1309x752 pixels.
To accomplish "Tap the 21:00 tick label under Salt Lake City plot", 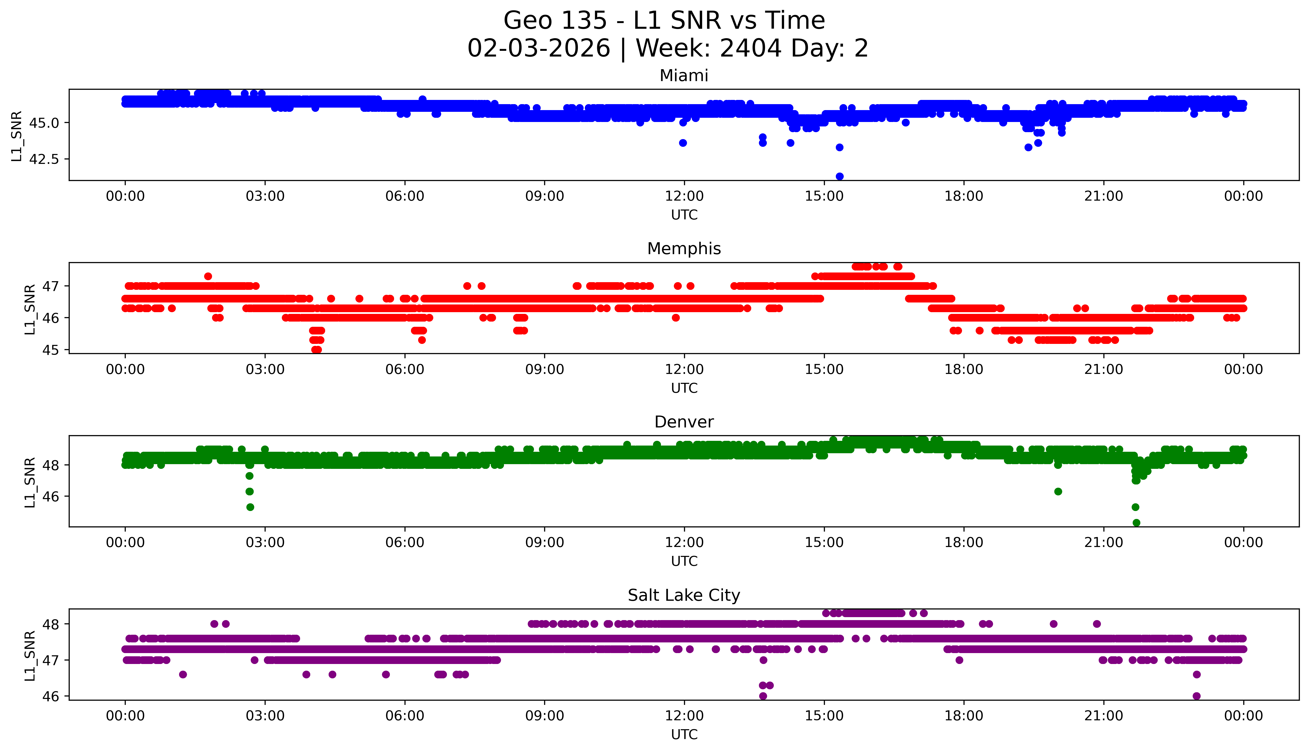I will click(x=1103, y=716).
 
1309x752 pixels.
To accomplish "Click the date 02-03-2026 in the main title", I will click(x=539, y=49).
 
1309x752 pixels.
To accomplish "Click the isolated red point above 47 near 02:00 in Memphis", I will click(x=208, y=276).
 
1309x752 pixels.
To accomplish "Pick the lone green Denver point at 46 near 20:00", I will click(x=1058, y=491).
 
